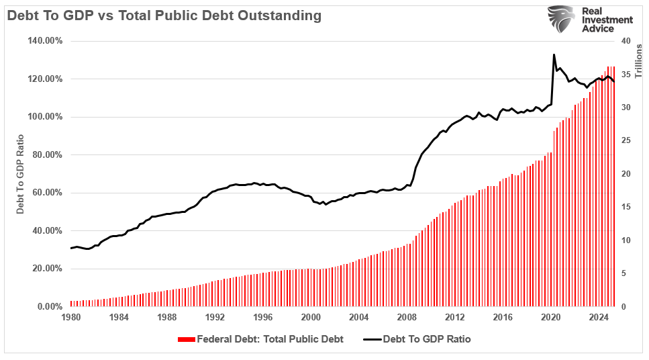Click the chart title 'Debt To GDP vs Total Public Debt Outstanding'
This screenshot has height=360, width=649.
164,15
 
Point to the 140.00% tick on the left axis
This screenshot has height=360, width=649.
45,41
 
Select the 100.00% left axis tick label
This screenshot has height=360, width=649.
45,117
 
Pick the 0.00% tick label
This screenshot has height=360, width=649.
50,307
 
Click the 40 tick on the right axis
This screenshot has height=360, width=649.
625,41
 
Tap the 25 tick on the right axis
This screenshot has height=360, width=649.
625,140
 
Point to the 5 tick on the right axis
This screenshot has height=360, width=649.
623,273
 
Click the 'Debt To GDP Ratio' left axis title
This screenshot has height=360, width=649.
20,173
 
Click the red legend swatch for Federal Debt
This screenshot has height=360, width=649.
186,340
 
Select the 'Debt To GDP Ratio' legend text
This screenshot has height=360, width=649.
426,340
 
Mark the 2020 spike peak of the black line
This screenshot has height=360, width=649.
554,55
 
